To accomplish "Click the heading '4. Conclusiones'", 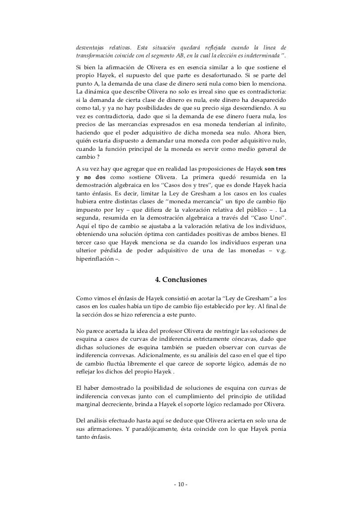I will coord(180,280).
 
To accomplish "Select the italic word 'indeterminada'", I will coord(262,53).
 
